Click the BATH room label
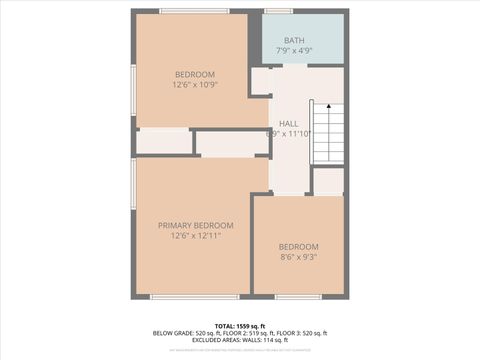[294, 40]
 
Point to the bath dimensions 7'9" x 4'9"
[294, 51]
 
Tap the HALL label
[289, 123]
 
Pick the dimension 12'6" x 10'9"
[195, 85]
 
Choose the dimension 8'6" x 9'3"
[298, 257]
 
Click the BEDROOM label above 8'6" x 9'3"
[298, 247]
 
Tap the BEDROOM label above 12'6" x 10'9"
[195, 74]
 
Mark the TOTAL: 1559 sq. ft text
[240, 325]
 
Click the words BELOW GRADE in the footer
[172, 333]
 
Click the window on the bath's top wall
[279, 11]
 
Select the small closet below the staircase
[328, 181]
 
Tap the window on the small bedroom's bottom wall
[298, 296]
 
